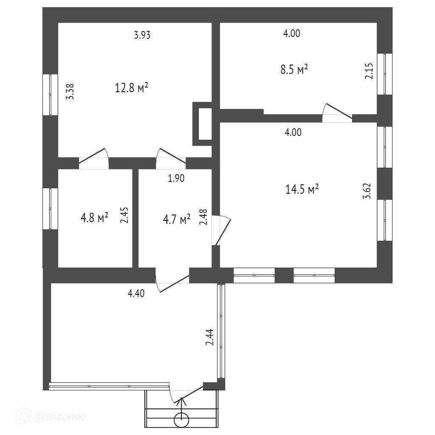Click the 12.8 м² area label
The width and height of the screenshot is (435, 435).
(x=131, y=88)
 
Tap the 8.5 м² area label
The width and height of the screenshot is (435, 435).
(x=294, y=69)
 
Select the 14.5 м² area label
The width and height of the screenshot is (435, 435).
(x=302, y=189)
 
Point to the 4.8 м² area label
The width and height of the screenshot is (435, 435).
(x=94, y=218)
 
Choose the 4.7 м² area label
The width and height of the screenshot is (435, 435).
(x=177, y=220)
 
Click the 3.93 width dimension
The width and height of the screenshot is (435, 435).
(x=142, y=35)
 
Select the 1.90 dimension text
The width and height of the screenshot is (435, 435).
(x=176, y=178)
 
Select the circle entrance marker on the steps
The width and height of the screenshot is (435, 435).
(x=181, y=420)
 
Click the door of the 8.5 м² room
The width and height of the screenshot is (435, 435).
(x=337, y=113)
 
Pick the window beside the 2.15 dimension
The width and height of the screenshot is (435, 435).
(x=385, y=74)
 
